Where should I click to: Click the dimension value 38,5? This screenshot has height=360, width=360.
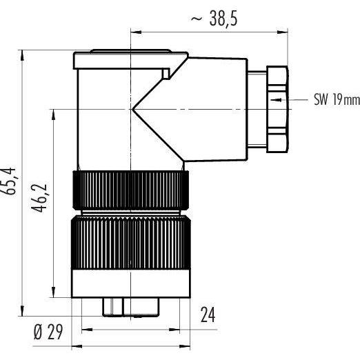[x=223, y=19]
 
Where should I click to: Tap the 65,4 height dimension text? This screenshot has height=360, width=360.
[x=9, y=181]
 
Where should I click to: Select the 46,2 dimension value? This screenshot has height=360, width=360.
[x=39, y=198]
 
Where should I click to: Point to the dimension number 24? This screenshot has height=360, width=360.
[x=208, y=314]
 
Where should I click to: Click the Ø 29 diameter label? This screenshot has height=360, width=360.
[x=48, y=332]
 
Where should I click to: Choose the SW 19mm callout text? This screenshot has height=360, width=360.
[x=337, y=99]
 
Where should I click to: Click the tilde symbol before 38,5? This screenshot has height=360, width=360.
[x=197, y=19]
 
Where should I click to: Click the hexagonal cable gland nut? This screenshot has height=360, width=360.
[x=277, y=109]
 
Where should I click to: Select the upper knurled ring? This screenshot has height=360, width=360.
[x=131, y=190]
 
